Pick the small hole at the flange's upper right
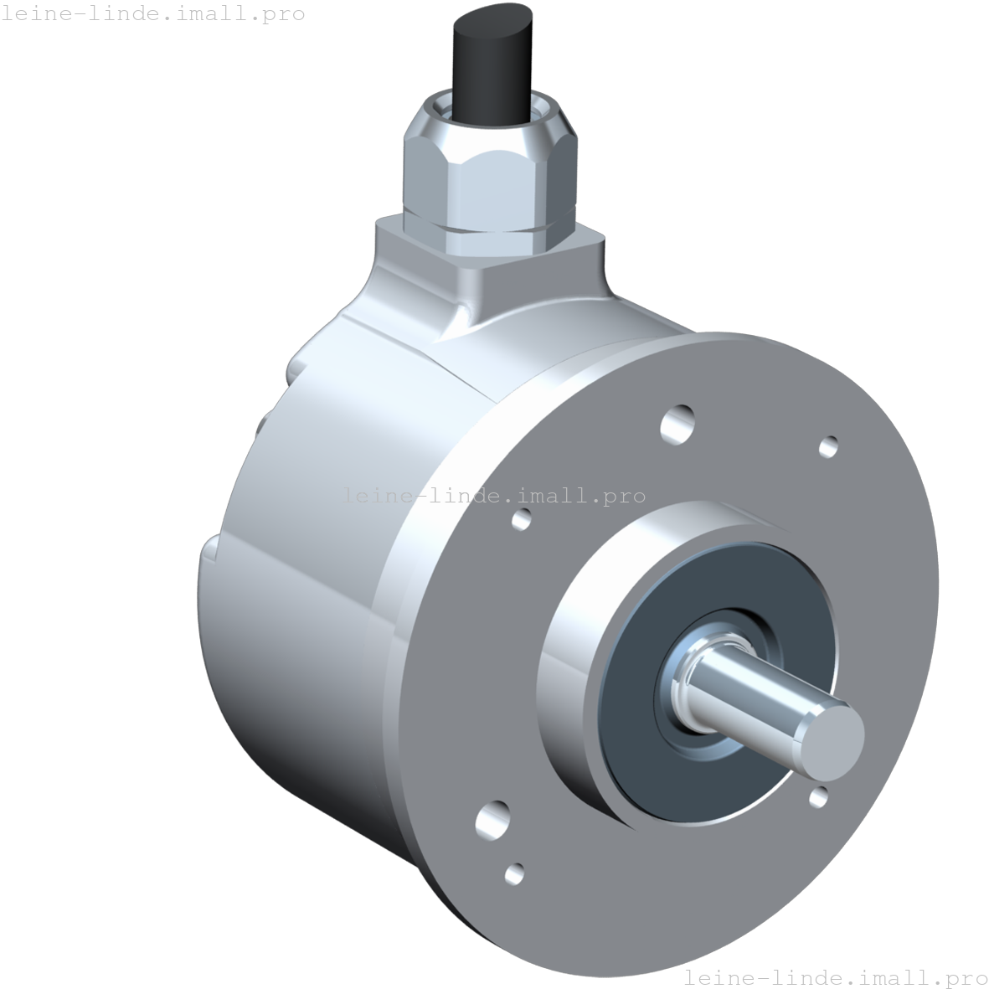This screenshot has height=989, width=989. pos(828,446)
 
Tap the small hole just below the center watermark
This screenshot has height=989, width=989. pos(521,519)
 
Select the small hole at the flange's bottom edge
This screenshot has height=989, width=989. pos(515,873)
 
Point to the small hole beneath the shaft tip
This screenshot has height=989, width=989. pos(819,796)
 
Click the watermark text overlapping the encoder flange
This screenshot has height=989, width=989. pos(493,495)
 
